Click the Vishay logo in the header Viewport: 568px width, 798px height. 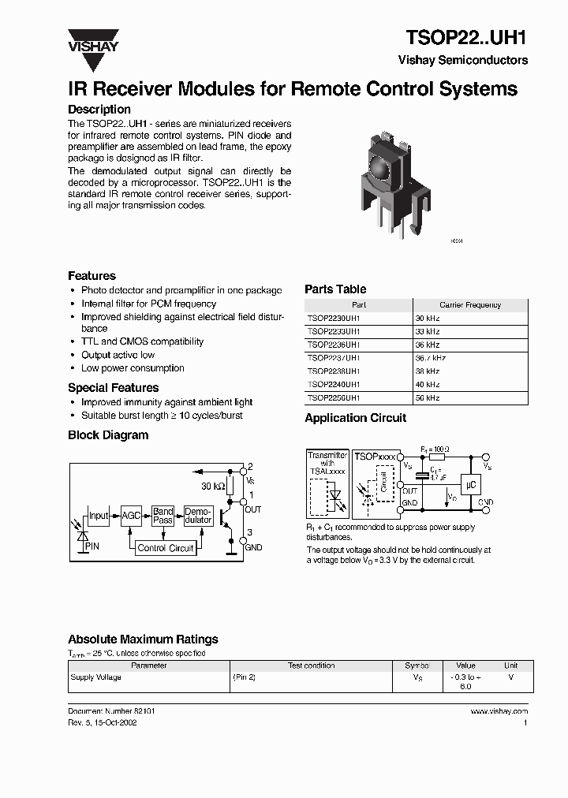pyautogui.click(x=92, y=39)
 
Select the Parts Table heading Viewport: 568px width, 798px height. pyautogui.click(x=335, y=289)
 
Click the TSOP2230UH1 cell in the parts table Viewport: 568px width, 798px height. pyautogui.click(x=334, y=318)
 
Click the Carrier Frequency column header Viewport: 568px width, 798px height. pyautogui.click(x=469, y=304)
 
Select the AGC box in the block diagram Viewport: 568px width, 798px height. pyautogui.click(x=131, y=516)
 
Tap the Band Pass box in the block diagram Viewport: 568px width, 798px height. pyautogui.click(x=163, y=516)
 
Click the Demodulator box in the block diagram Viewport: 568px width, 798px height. pyautogui.click(x=198, y=516)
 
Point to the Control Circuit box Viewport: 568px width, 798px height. pyautogui.click(x=165, y=548)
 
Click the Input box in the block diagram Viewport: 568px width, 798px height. pyautogui.click(x=99, y=516)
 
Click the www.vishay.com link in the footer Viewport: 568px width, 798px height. pyautogui.click(x=499, y=711)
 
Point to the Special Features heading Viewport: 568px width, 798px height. pyautogui.click(x=113, y=388)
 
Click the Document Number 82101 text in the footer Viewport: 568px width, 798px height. pyautogui.click(x=111, y=711)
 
